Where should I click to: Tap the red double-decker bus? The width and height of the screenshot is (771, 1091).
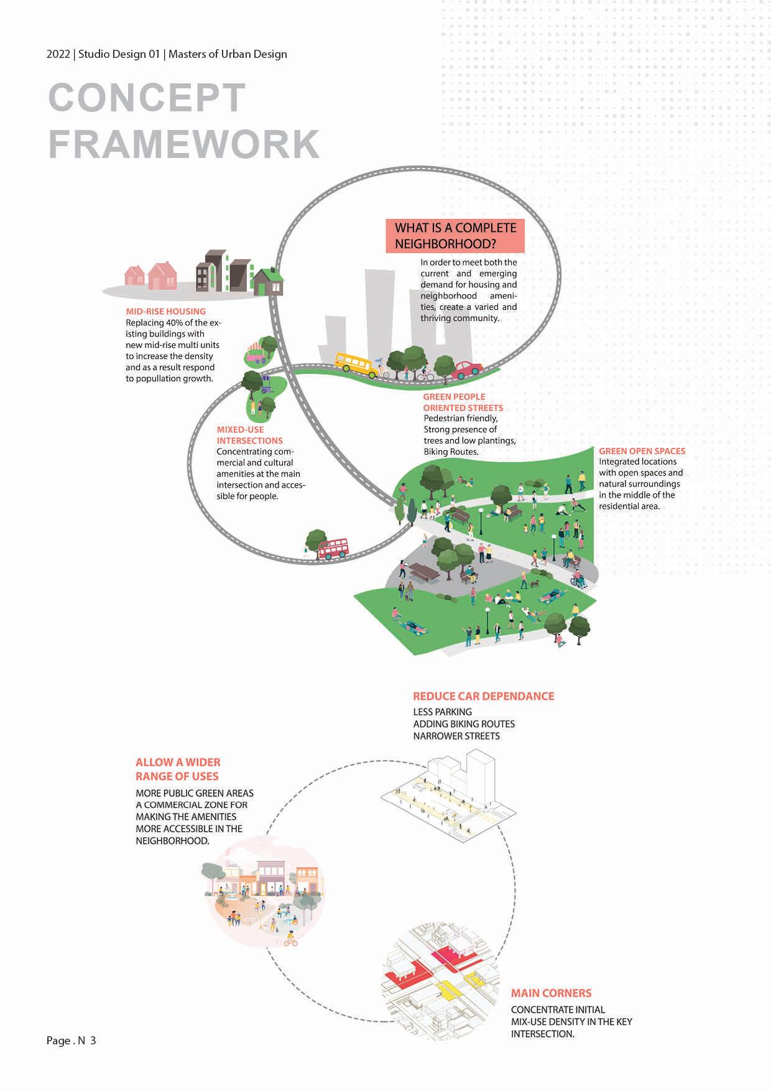click(333, 548)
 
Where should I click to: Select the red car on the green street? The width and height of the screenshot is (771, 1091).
click(466, 370)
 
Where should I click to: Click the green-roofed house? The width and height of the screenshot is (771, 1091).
click(268, 282)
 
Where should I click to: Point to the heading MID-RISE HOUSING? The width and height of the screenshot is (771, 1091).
click(165, 312)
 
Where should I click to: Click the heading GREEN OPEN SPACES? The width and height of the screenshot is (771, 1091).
click(642, 451)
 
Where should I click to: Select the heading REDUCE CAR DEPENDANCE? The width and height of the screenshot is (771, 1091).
click(483, 696)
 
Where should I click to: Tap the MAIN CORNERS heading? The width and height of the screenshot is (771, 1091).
click(551, 993)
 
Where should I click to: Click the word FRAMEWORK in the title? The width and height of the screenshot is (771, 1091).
click(184, 144)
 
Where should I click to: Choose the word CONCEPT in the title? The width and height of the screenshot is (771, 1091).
click(147, 98)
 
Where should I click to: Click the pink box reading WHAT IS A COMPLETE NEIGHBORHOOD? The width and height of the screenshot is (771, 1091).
click(455, 236)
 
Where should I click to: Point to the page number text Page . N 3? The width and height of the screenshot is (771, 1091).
click(71, 1041)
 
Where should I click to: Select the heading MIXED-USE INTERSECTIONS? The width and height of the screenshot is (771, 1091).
click(249, 435)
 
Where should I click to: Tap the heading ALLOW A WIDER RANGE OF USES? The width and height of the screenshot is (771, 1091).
click(178, 769)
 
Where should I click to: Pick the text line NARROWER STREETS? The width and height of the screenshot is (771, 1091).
click(456, 736)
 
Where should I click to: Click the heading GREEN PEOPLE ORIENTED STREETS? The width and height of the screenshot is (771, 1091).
click(463, 402)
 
